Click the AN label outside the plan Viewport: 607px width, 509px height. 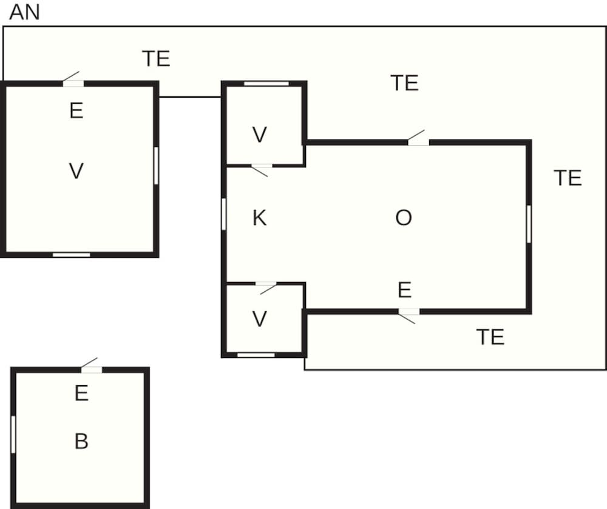[24, 12]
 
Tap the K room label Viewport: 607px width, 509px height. [259, 218]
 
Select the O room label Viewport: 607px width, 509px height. [404, 218]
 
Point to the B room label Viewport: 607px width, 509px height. [81, 441]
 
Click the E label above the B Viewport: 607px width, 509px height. [81, 393]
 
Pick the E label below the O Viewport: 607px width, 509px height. [404, 290]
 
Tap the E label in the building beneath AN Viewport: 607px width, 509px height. [76, 110]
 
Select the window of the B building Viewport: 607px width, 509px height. [13, 434]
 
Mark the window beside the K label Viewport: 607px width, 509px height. [223, 214]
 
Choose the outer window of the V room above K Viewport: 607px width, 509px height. [266, 84]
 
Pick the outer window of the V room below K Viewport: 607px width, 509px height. [256, 355]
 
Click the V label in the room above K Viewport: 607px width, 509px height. [259, 135]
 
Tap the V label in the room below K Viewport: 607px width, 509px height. [259, 319]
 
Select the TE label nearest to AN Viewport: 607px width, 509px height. [157, 59]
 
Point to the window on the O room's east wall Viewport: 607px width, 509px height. [529, 224]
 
